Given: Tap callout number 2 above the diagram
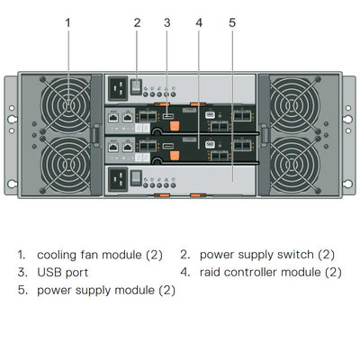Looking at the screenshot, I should coord(137,22).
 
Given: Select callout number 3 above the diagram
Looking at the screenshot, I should coord(167,22).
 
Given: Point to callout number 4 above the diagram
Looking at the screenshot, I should coord(199,22).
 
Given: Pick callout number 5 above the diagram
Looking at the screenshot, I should coord(231,22).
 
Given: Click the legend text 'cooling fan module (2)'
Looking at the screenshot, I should coord(100,255).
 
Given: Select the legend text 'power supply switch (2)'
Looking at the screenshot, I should coord(266,255).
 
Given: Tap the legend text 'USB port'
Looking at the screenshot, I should coord(62,272).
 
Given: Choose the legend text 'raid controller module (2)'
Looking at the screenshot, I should coord(270,272).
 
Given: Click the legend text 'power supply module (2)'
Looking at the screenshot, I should coord(106,290).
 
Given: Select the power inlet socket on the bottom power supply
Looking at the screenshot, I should coord(118,180).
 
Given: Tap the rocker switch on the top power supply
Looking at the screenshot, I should coord(137,86).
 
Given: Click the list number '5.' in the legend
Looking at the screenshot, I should coord(22,290).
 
